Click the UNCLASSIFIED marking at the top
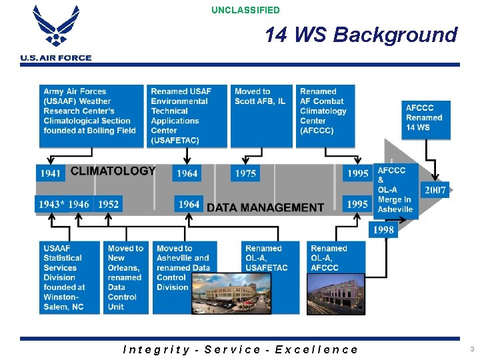245,10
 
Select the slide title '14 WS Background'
361,35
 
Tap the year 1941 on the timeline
51,173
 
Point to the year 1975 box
245,173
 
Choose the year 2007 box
435,190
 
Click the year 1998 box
383,229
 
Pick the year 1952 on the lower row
108,204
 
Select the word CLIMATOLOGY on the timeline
113,171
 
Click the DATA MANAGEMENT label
265,207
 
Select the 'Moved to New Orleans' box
125,277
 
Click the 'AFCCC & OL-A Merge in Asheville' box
395,189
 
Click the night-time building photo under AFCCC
336,294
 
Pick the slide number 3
471,349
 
